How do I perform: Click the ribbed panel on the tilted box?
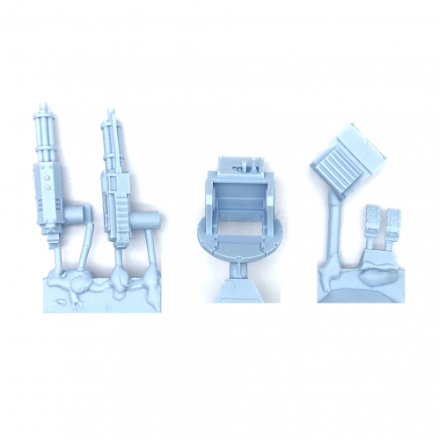[x=339, y=166]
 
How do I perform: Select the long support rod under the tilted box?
[x=333, y=229]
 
